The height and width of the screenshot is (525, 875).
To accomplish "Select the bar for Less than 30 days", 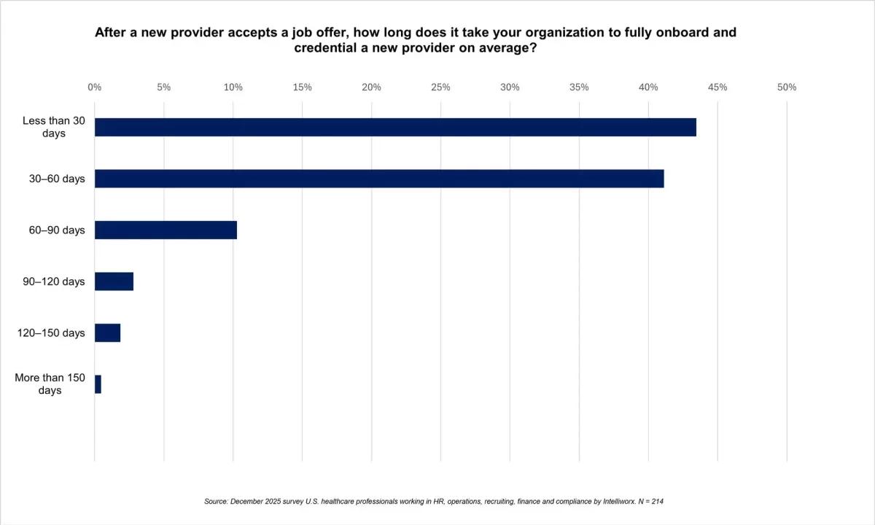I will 395,127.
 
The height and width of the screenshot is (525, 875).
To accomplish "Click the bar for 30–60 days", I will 379,179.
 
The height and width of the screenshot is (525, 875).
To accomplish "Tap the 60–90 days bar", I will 166,230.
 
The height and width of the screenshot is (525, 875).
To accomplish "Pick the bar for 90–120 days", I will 114,281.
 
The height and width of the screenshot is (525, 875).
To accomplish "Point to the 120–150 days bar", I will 107,333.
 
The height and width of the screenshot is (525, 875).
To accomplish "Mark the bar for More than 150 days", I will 98,384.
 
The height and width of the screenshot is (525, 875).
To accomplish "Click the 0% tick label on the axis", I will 94,87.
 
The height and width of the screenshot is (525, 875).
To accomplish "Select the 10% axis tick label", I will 233,87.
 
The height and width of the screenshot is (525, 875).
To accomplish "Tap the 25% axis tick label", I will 440,87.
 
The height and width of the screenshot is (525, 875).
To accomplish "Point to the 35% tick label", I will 579,87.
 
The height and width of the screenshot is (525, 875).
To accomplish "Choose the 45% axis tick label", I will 717,87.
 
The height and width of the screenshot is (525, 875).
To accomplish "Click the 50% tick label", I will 787,87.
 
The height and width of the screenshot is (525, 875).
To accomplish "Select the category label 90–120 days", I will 53,281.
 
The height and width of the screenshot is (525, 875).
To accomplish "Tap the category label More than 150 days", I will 50,384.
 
